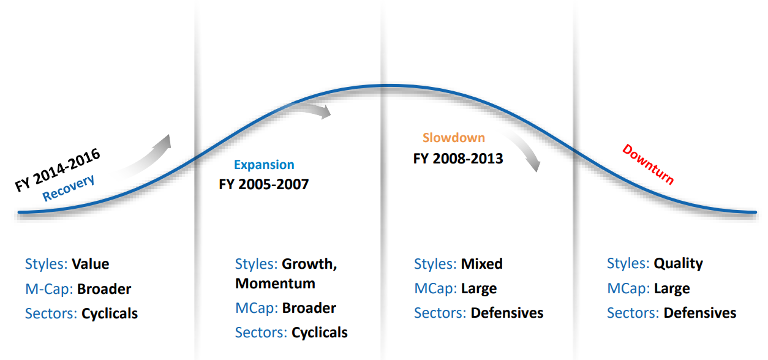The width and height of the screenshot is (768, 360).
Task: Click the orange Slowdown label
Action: pyautogui.click(x=454, y=138)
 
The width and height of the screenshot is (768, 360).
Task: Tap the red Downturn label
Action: pyautogui.click(x=648, y=165)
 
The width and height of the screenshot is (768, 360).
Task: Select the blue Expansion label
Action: pyautogui.click(x=264, y=165)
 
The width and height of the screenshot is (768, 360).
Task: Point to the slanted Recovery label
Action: pyautogui.click(x=68, y=187)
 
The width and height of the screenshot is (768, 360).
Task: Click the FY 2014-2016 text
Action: pyautogui.click(x=57, y=170)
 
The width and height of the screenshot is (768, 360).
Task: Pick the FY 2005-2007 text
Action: pyautogui.click(x=264, y=184)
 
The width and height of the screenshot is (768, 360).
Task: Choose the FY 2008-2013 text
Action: pyautogui.click(x=458, y=159)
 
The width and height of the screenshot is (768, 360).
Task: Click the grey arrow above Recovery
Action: pyautogui.click(x=148, y=158)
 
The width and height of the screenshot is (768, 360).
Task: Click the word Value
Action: pyautogui.click(x=91, y=264)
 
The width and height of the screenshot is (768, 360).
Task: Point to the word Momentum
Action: pyautogui.click(x=275, y=283)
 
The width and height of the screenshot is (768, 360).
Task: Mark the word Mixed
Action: pyautogui.click(x=482, y=264)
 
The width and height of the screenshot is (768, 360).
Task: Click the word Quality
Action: pyautogui.click(x=678, y=264)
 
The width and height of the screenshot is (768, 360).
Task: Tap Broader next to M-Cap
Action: pyautogui.click(x=104, y=289)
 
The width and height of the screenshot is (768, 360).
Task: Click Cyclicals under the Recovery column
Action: pyautogui.click(x=110, y=313)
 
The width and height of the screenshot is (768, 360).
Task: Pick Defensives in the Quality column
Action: pyautogui.click(x=700, y=313)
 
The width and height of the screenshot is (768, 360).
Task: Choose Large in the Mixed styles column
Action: pyautogui.click(x=479, y=289)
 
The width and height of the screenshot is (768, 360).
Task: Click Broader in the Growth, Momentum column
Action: pyautogui.click(x=309, y=308)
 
